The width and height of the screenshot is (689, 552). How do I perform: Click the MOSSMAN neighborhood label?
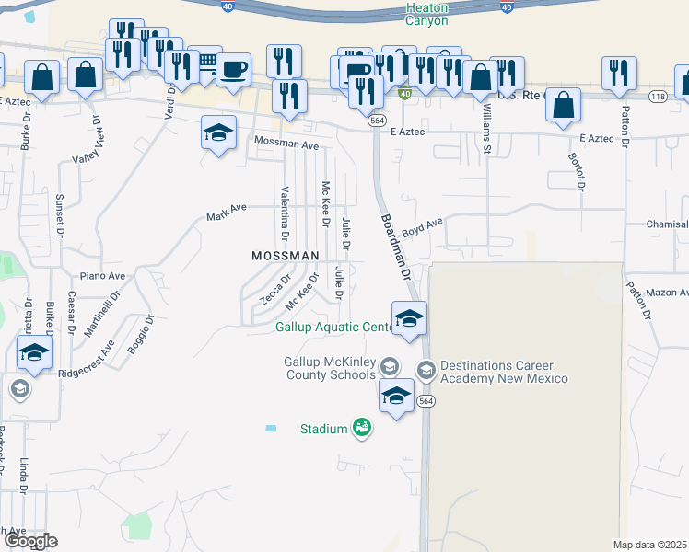click(x=286, y=255)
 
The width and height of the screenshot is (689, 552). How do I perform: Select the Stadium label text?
click(x=323, y=429)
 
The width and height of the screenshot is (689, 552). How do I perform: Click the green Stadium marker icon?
click(x=362, y=428)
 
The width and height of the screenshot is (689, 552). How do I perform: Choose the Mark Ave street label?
click(x=227, y=212)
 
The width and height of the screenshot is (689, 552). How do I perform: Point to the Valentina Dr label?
click(x=285, y=208)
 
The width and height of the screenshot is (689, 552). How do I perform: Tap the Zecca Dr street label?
click(x=274, y=288)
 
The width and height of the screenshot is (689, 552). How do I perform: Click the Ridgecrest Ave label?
click(x=87, y=361)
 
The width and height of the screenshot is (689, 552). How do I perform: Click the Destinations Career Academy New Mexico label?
click(x=503, y=372)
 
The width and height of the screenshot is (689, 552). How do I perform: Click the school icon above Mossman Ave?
click(x=218, y=134)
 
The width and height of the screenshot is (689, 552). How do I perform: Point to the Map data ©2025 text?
click(x=649, y=545)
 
